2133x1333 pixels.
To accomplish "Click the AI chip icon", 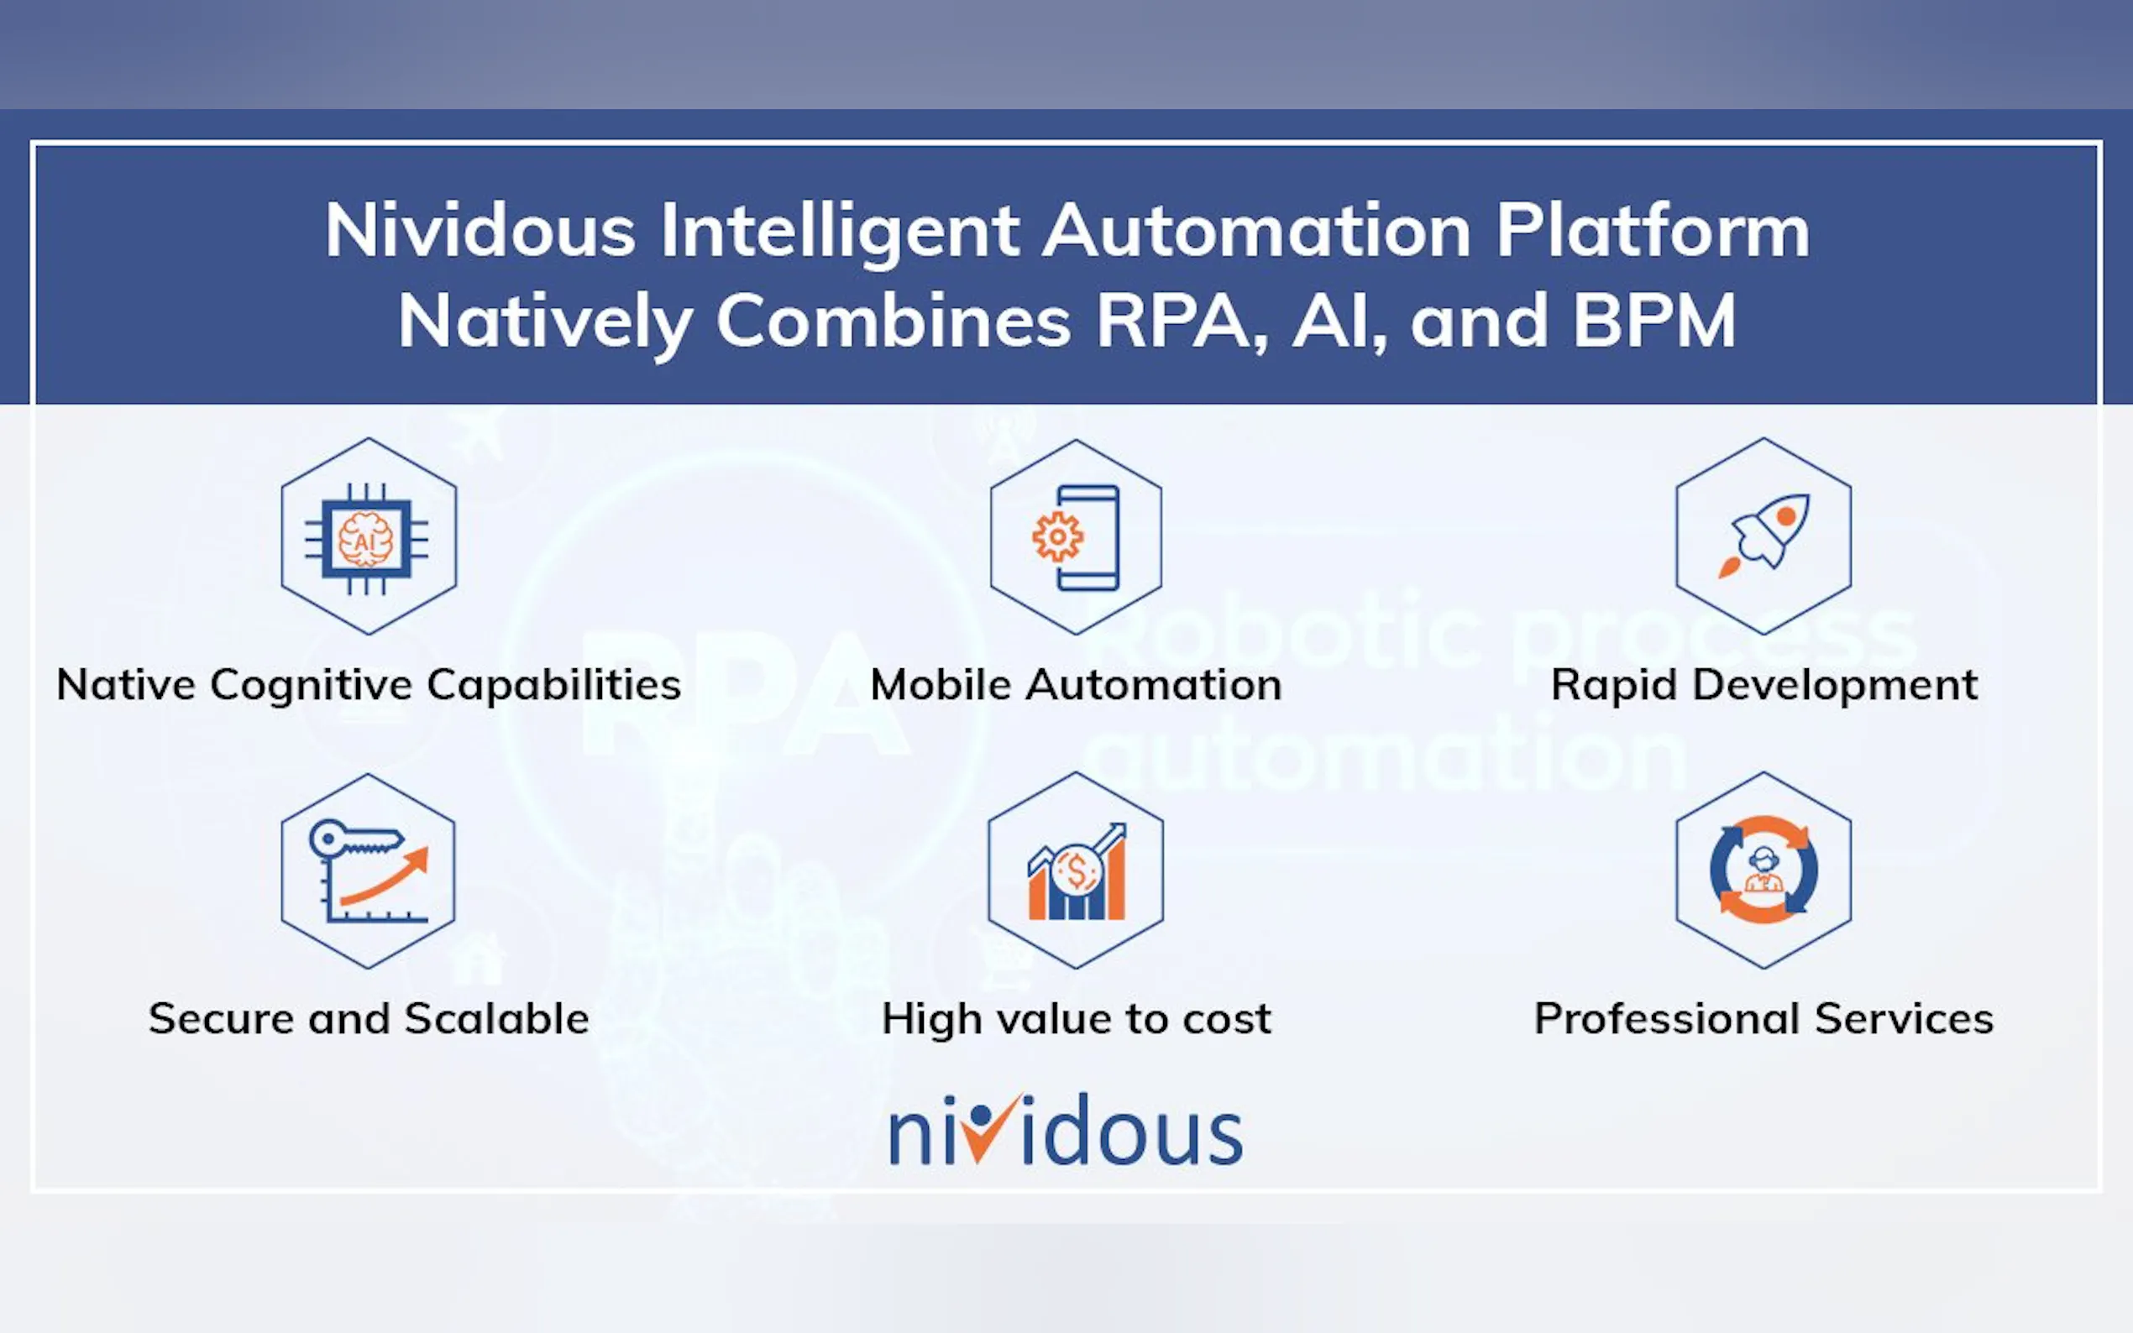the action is (x=367, y=539).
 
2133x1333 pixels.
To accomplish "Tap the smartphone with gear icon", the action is (x=1077, y=537).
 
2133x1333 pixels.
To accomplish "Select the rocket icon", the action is (x=1764, y=536).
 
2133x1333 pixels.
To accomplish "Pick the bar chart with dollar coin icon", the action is (x=1077, y=871).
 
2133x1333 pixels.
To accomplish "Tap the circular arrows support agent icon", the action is (x=1764, y=870).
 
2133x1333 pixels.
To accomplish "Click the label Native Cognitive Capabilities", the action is (x=369, y=686).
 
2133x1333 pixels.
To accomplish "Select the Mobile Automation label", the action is (x=1077, y=685).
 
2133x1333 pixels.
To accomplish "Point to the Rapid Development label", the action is (x=1764, y=686).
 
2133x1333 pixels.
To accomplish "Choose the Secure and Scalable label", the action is (x=369, y=1019).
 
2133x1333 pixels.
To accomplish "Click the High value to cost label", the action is (x=1077, y=1020).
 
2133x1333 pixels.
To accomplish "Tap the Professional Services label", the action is (x=1764, y=1019).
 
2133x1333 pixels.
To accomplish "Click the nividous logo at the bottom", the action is (x=1066, y=1129).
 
